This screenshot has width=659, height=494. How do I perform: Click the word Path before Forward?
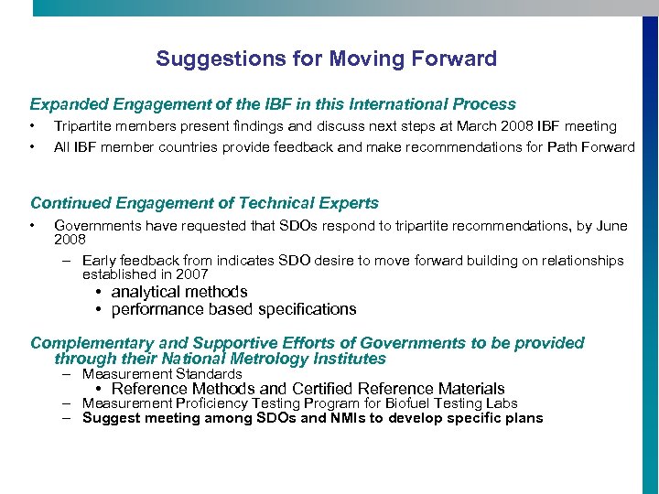(567, 146)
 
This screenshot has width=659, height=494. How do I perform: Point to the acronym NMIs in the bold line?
(331, 418)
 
